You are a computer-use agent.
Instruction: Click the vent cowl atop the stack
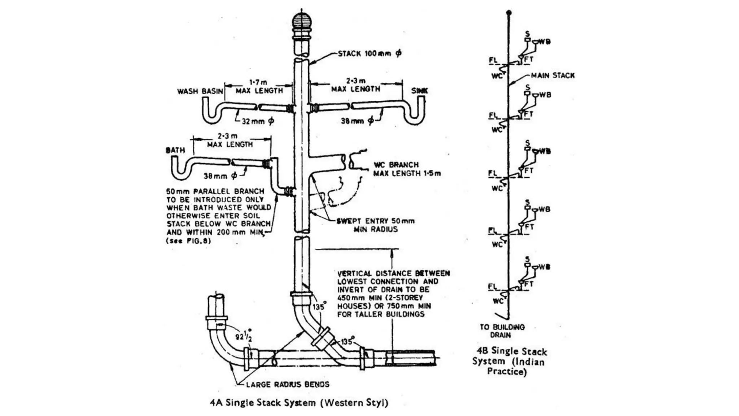(x=301, y=22)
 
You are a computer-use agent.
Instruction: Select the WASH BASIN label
(x=200, y=91)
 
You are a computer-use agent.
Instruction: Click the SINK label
(x=420, y=91)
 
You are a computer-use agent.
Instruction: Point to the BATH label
(x=175, y=150)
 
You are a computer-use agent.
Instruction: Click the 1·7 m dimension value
(x=258, y=83)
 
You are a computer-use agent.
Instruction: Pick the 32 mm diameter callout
(x=257, y=121)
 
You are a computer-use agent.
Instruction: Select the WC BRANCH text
(x=396, y=165)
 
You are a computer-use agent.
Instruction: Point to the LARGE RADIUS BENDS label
(x=288, y=385)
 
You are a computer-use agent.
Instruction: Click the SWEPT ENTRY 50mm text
(x=375, y=221)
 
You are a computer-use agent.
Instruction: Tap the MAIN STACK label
(x=552, y=75)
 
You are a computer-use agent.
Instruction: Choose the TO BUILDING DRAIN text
(x=502, y=331)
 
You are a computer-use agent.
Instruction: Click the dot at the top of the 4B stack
(x=509, y=13)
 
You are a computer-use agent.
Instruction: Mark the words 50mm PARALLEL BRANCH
(x=215, y=191)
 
